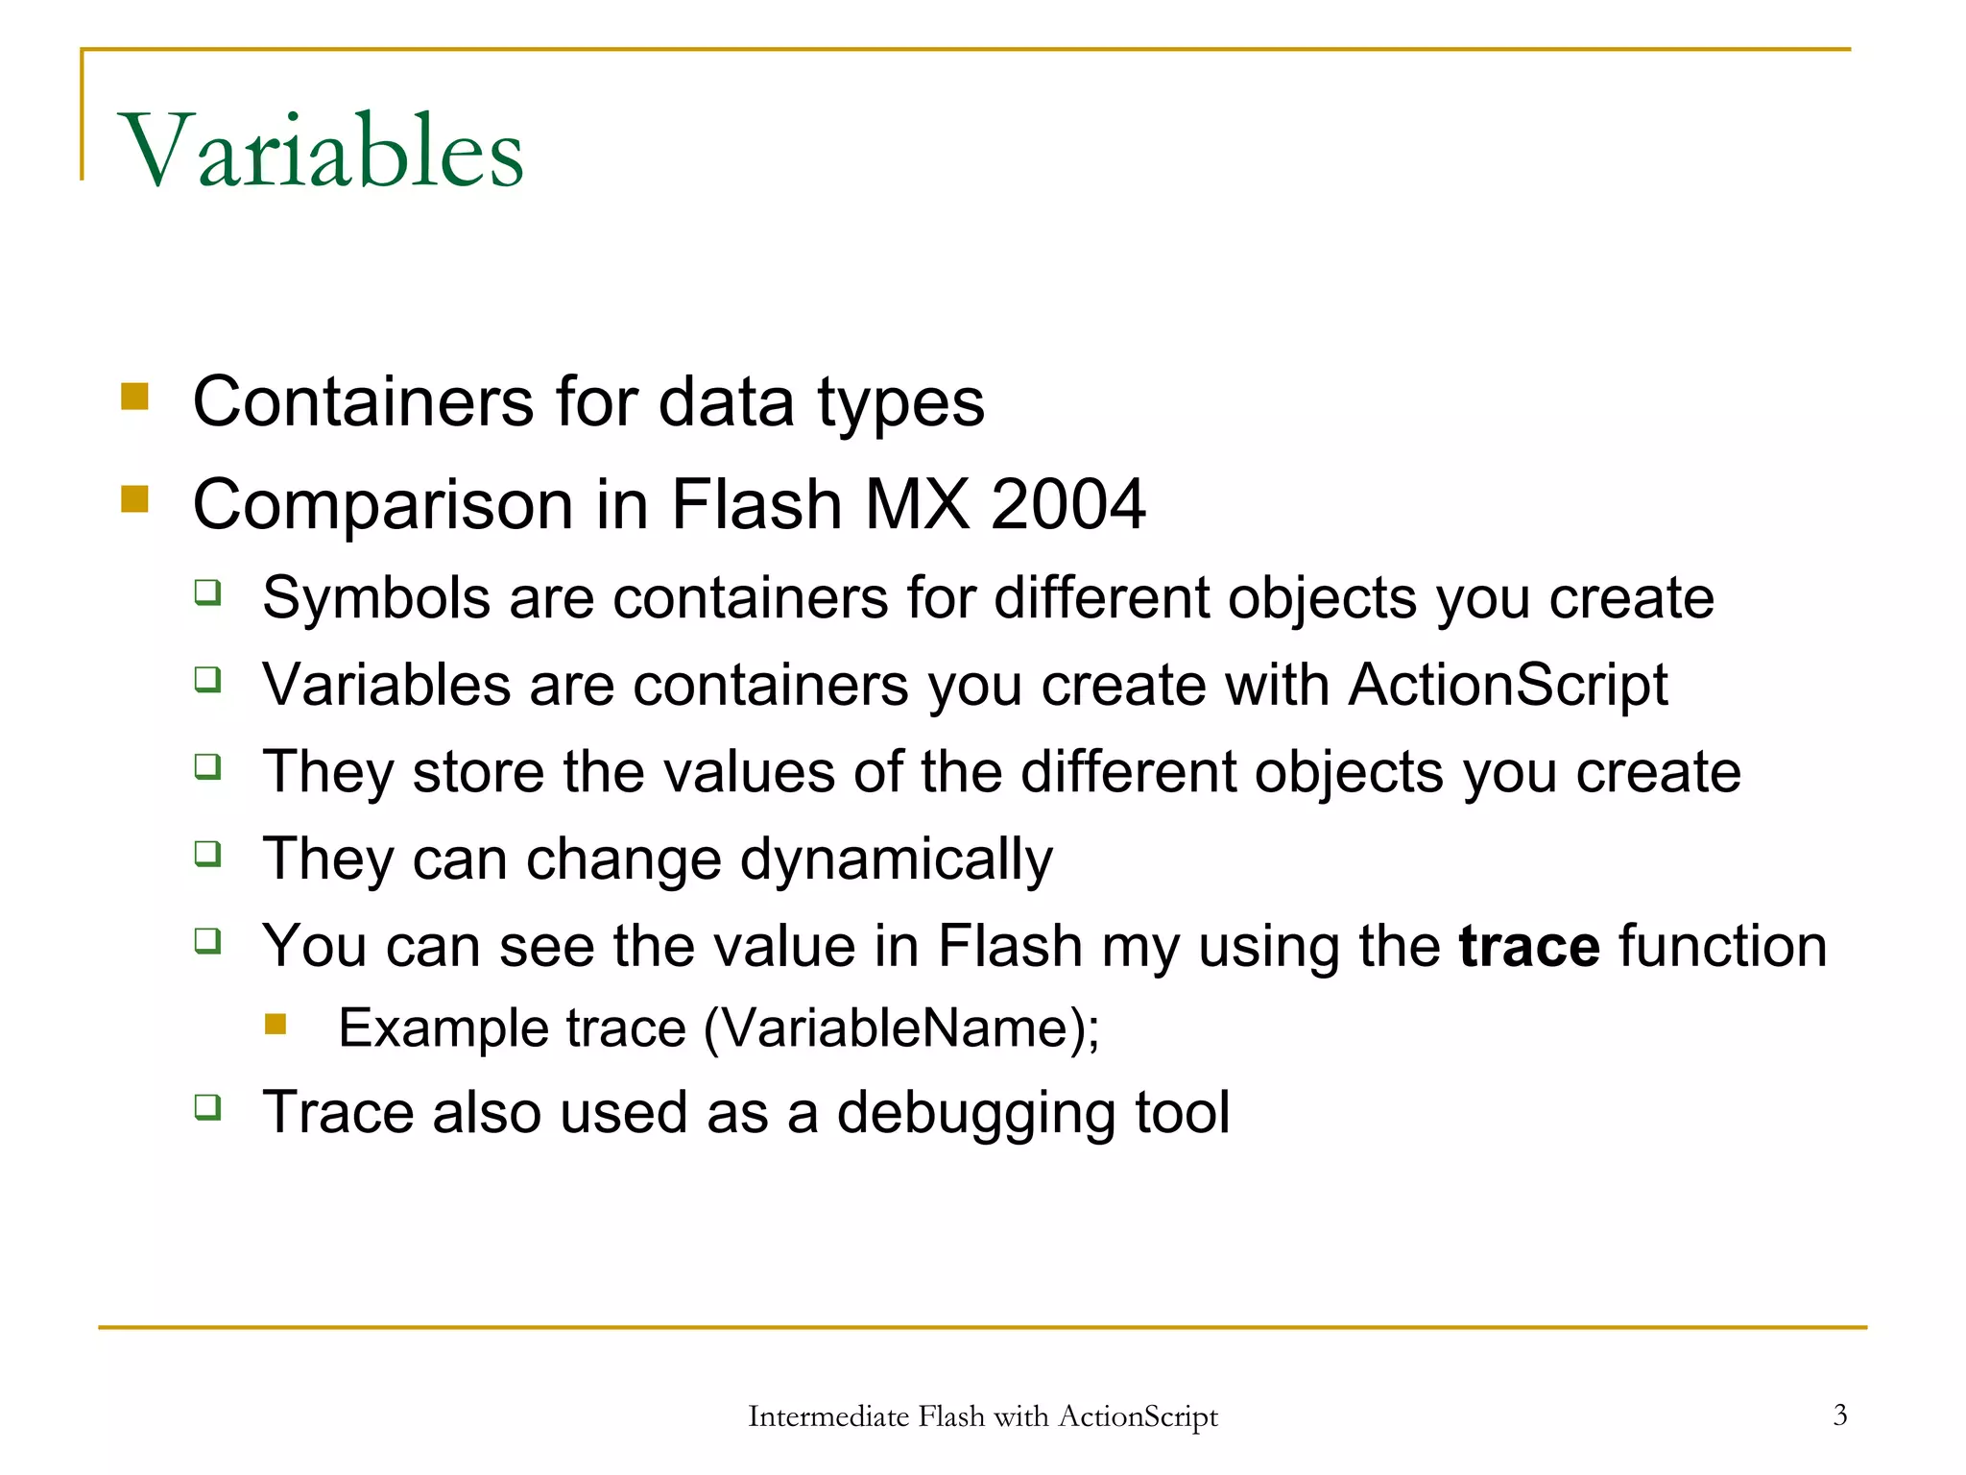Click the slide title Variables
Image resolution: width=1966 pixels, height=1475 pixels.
[x=322, y=151]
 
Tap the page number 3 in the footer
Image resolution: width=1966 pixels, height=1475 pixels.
[x=1839, y=1415]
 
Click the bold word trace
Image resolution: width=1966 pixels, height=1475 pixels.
[x=1528, y=946]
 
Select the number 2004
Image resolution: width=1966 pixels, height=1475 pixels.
[x=1067, y=504]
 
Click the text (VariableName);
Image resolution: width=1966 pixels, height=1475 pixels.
[x=901, y=1028]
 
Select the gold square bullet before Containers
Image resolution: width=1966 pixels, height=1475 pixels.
[x=135, y=397]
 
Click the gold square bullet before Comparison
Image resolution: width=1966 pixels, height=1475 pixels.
[x=135, y=499]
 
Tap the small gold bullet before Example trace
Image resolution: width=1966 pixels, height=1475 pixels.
[x=276, y=1024]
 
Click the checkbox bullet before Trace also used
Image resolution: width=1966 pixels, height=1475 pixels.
[x=207, y=1106]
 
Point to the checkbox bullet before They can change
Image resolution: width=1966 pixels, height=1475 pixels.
[x=207, y=853]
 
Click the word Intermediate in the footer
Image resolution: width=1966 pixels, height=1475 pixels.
[x=827, y=1416]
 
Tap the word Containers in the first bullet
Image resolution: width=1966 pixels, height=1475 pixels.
[x=363, y=401]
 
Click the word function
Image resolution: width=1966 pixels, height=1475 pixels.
[x=1722, y=946]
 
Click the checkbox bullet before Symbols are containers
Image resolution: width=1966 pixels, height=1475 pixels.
[x=207, y=592]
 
